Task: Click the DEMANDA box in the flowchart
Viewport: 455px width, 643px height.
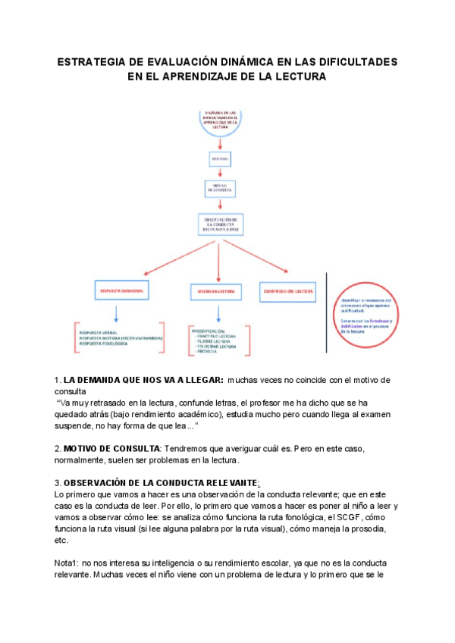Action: tap(220, 158)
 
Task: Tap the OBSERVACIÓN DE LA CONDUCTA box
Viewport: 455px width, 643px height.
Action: tap(220, 225)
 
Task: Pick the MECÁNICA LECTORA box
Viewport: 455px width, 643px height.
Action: tap(217, 291)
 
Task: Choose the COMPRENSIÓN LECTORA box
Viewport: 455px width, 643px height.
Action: tap(289, 290)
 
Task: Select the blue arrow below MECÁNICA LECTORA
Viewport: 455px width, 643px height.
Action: tap(218, 313)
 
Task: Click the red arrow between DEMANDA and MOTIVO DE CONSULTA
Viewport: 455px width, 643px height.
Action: tap(220, 174)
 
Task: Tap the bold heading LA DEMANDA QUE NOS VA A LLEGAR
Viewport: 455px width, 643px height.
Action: tap(143, 379)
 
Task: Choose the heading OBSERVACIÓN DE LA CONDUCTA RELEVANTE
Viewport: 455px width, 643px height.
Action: tap(160, 483)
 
